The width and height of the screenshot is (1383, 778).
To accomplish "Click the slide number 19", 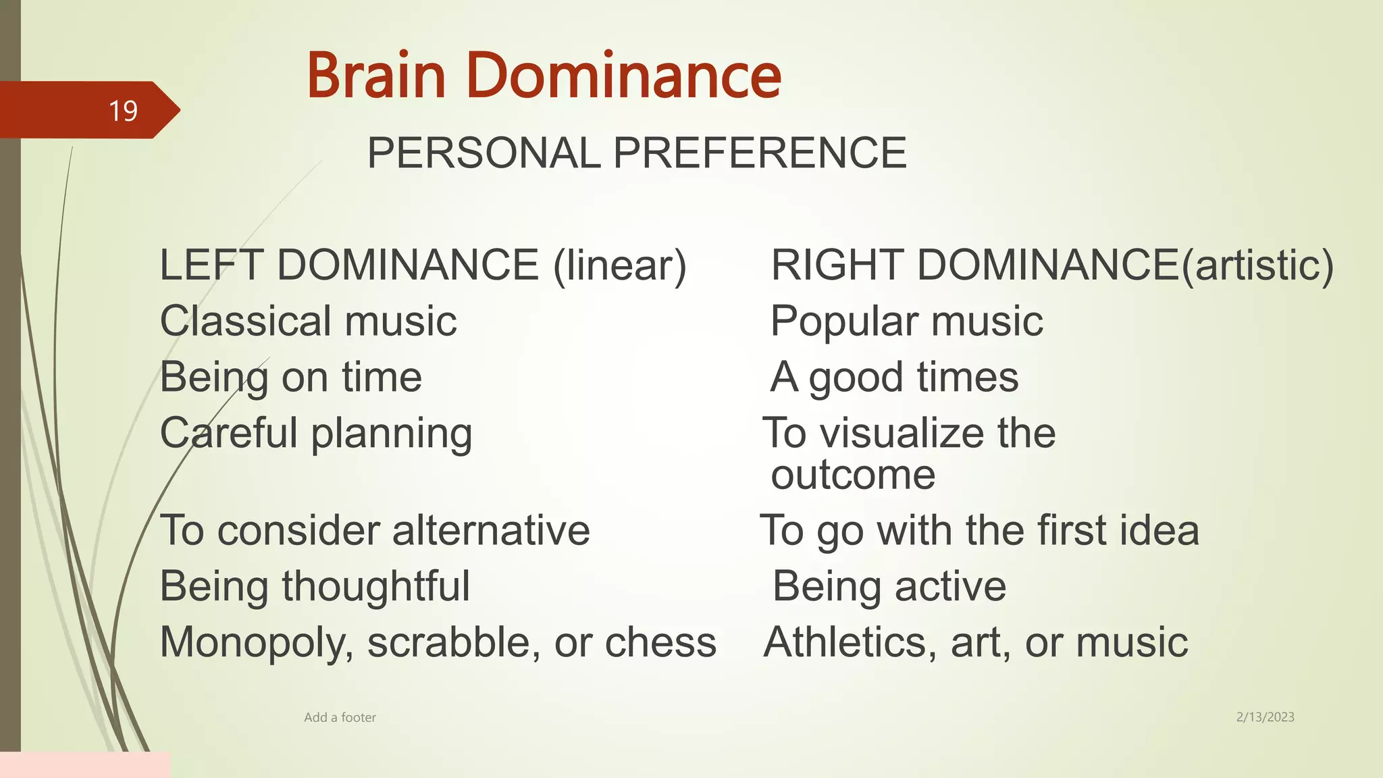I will [123, 111].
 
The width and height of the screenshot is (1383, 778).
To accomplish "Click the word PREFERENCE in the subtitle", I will [760, 153].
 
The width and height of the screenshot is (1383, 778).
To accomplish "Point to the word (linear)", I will [619, 265].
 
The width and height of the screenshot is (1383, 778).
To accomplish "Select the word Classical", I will [246, 321].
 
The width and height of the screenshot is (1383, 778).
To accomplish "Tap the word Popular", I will [844, 321].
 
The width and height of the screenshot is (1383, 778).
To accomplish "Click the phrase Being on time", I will [291, 377].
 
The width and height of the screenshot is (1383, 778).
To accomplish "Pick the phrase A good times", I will [894, 377].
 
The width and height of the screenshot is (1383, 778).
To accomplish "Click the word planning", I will [392, 434].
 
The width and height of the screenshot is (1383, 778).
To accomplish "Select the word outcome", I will [853, 475].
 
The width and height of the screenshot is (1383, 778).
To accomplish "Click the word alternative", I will [491, 530].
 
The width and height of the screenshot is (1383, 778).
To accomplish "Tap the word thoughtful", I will [375, 586].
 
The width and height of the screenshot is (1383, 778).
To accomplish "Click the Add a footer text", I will [340, 717].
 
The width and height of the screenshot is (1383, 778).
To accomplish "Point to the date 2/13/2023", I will [1265, 717].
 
